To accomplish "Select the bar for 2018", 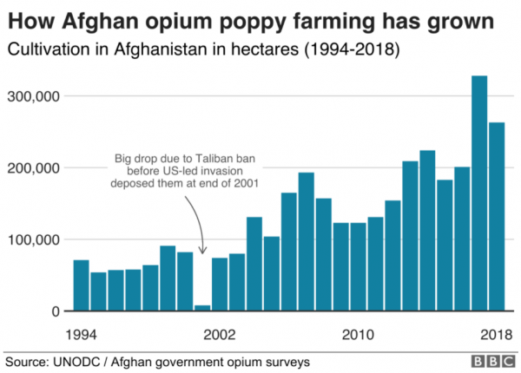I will [497, 217].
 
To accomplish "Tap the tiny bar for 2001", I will [202, 307].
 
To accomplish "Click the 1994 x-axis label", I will [81, 334].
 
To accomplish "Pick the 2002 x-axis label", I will [220, 334].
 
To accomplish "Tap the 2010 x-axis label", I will [358, 334].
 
